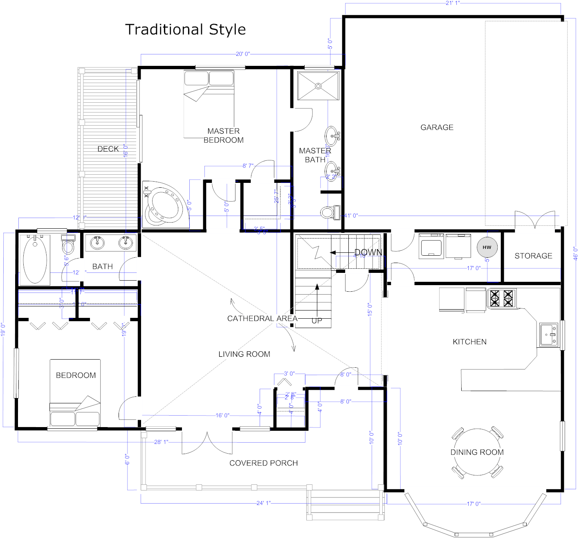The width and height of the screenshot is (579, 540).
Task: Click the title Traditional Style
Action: pyautogui.click(x=185, y=29)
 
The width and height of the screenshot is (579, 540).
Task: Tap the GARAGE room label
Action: pyautogui.click(x=437, y=127)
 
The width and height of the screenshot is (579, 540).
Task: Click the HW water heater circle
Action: pyautogui.click(x=487, y=247)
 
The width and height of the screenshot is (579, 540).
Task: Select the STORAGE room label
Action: pyautogui.click(x=533, y=256)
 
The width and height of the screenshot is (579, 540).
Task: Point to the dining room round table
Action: pyautogui.click(x=477, y=452)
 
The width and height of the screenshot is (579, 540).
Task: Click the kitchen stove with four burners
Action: pyautogui.click(x=501, y=298)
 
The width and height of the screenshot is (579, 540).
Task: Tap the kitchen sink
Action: pyautogui.click(x=548, y=335)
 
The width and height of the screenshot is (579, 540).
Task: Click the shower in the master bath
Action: pyautogui.click(x=318, y=86)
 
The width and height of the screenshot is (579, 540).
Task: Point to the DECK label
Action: pyautogui.click(x=108, y=149)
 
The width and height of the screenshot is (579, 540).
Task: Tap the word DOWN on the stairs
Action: pyautogui.click(x=368, y=252)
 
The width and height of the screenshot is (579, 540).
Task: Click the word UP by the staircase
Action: pyautogui.click(x=317, y=321)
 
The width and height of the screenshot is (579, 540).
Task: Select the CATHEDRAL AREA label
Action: pyautogui.click(x=262, y=318)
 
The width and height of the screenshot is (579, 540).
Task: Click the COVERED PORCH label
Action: pyautogui.click(x=263, y=463)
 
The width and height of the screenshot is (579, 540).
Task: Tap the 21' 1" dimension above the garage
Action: pyautogui.click(x=452, y=3)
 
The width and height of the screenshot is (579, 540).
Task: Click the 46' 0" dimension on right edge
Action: pyautogui.click(x=575, y=253)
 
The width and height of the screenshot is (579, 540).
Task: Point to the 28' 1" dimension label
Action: pyautogui.click(x=161, y=442)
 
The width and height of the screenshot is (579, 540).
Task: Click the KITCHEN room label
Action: pyautogui.click(x=469, y=342)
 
